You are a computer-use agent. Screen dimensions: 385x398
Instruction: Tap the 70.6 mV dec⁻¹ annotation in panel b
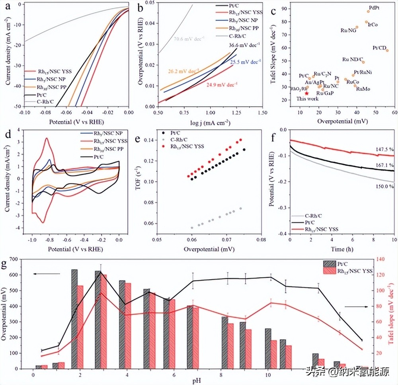point(188,39)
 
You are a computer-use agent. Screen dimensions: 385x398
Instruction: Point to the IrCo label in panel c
point(373,25)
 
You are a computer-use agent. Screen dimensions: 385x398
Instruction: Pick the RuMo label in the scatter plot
point(363,89)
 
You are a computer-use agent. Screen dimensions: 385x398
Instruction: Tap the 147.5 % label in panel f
point(384,150)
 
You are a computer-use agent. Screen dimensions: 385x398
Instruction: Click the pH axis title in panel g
point(197,381)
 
